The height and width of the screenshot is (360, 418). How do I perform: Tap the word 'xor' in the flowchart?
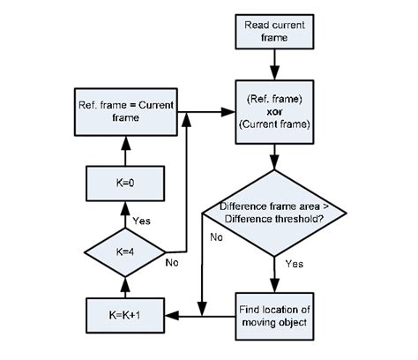click(276, 113)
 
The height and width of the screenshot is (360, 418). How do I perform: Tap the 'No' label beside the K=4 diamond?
click(173, 261)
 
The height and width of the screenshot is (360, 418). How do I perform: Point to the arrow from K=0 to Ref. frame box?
click(125, 151)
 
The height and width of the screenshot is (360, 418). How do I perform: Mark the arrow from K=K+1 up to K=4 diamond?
click(125, 286)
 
